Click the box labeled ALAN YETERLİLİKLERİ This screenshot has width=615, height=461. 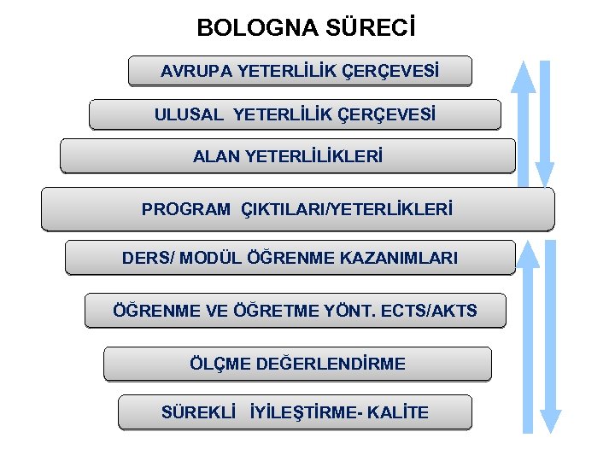click(x=288, y=156)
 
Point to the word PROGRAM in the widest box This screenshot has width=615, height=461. click(x=185, y=208)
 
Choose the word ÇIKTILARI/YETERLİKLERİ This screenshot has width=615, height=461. click(x=348, y=208)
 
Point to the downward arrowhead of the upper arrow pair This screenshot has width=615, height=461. click(x=544, y=174)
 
